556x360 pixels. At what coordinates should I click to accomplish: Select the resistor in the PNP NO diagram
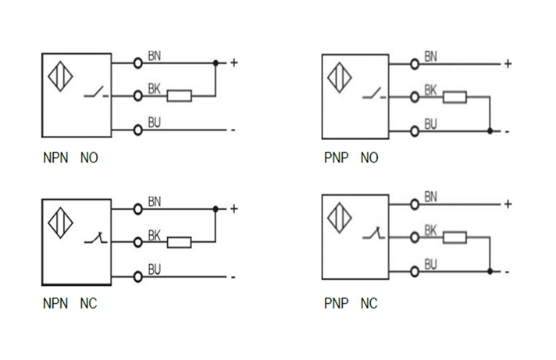click(454, 97)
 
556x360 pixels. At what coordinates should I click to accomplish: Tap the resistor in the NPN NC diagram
click(180, 242)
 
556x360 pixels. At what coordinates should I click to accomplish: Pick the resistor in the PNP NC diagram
click(454, 237)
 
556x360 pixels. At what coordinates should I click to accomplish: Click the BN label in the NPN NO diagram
click(155, 55)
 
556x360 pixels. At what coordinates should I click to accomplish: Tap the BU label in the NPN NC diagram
click(155, 269)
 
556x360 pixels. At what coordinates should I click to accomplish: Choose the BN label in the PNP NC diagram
click(430, 196)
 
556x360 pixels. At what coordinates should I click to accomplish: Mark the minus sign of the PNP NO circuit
click(507, 131)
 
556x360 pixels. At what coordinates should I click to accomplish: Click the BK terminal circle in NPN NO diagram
click(138, 96)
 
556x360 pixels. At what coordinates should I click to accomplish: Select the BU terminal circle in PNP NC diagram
click(413, 271)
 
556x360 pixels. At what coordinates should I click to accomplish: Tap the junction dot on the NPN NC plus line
click(216, 209)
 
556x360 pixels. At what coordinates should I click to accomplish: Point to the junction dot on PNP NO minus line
click(490, 130)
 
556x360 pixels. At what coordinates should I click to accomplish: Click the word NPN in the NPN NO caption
click(56, 158)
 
